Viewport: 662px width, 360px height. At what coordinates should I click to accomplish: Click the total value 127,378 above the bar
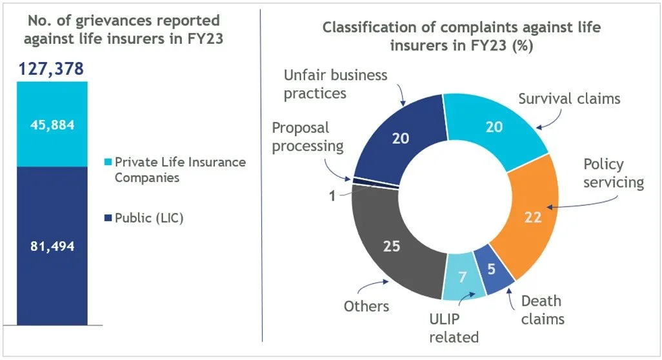click(x=51, y=69)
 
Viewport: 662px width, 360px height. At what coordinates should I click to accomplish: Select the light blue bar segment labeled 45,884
click(x=52, y=124)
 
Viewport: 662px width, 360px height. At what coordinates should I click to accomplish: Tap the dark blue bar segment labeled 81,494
click(x=52, y=246)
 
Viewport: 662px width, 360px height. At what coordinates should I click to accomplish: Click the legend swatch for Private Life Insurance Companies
click(x=108, y=162)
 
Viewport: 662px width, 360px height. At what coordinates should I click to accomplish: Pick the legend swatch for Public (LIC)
click(x=108, y=218)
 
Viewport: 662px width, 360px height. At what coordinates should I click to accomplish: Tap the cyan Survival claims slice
click(x=494, y=126)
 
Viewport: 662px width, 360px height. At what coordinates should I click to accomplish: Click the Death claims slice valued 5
click(x=492, y=269)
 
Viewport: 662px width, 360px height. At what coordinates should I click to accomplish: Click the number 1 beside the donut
click(x=332, y=196)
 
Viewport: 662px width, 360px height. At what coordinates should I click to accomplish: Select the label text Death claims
click(x=543, y=310)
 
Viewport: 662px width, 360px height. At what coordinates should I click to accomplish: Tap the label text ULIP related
click(x=454, y=328)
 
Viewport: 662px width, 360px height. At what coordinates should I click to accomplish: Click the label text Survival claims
click(x=570, y=99)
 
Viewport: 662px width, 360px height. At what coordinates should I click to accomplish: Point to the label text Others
click(x=366, y=306)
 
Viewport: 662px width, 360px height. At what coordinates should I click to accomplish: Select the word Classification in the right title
click(x=374, y=28)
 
